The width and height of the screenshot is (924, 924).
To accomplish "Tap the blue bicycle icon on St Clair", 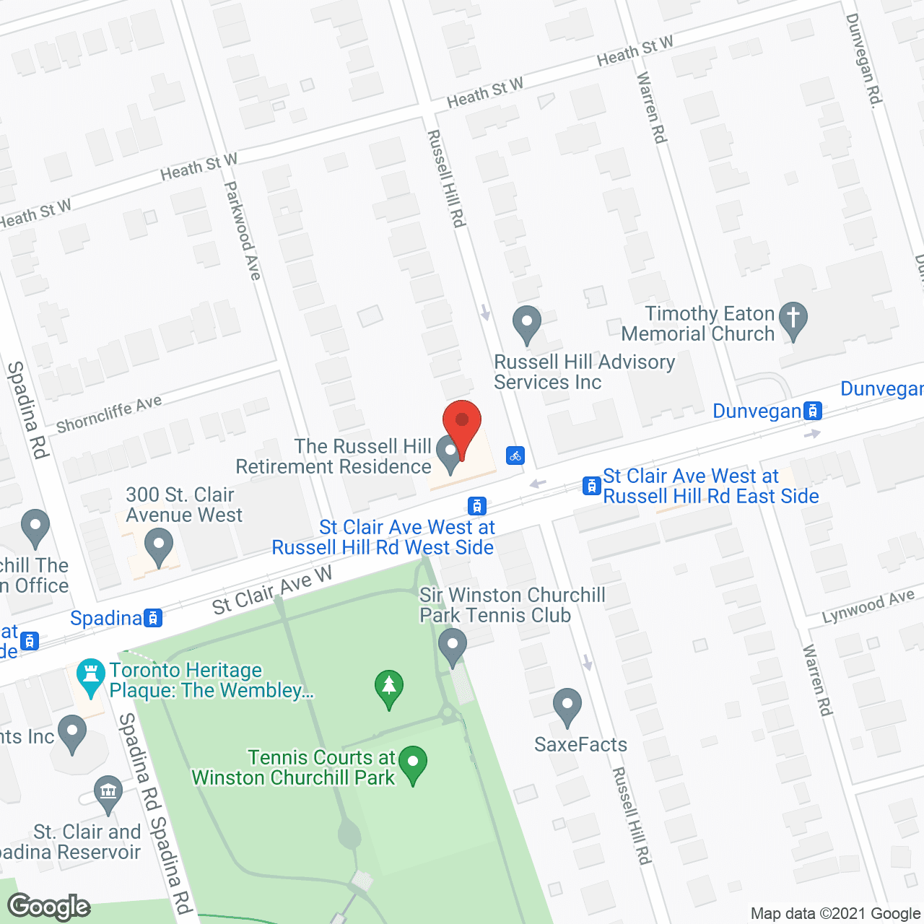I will pyautogui.click(x=515, y=456).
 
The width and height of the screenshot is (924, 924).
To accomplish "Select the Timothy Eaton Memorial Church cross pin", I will pyautogui.click(x=793, y=319).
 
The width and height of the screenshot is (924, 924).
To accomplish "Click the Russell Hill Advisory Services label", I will pyautogui.click(x=584, y=372).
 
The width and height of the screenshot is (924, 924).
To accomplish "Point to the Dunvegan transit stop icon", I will pyautogui.click(x=813, y=411).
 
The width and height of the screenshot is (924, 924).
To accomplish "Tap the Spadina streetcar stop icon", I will pyautogui.click(x=153, y=618).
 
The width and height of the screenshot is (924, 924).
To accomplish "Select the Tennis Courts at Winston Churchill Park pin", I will pyautogui.click(x=413, y=764).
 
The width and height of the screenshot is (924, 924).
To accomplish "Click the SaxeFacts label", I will pyautogui.click(x=580, y=744).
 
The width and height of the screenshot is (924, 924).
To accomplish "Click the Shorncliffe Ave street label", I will pyautogui.click(x=109, y=414).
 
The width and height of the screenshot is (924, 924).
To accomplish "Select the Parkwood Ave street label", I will pyautogui.click(x=242, y=230).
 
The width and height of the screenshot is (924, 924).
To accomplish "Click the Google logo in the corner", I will pyautogui.click(x=49, y=906).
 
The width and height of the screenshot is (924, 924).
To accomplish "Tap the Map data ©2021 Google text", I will pyautogui.click(x=836, y=913).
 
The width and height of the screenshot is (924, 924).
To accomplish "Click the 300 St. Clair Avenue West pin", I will pyautogui.click(x=159, y=546).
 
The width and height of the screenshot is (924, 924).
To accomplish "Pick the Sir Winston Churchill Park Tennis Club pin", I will pyautogui.click(x=453, y=645).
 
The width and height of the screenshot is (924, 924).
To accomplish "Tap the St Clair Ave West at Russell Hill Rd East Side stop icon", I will pyautogui.click(x=591, y=486).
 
